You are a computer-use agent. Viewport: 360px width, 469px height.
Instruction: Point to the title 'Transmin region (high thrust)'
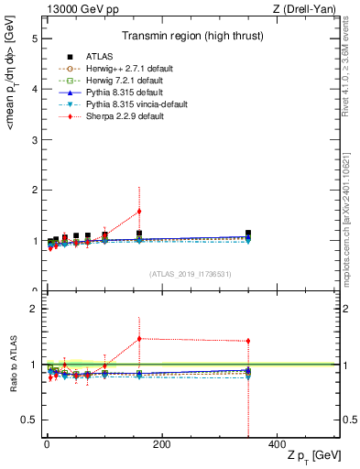tap(189, 37)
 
